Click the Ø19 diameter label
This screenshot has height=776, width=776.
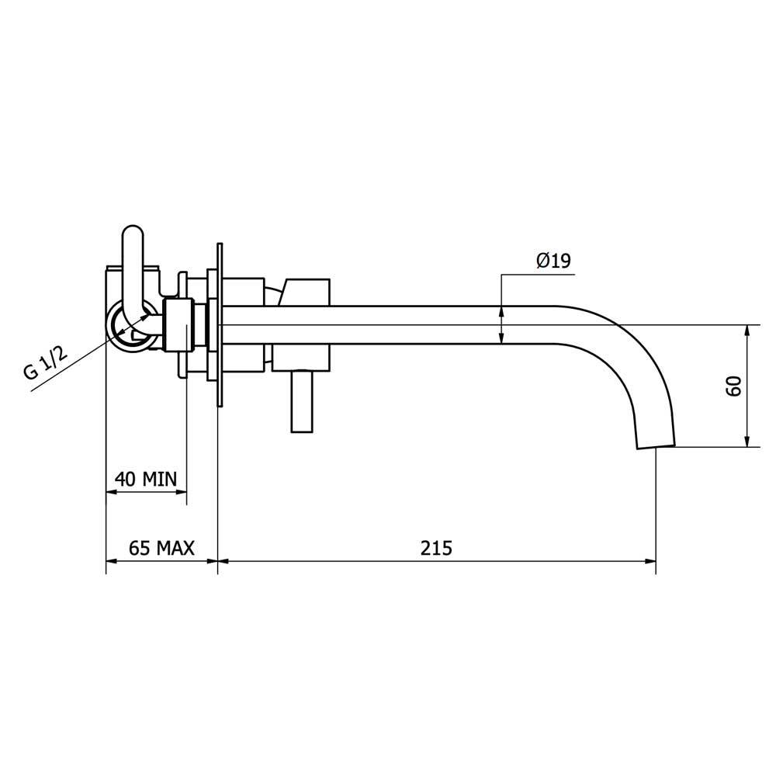[553, 260]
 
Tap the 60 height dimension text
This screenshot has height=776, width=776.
[734, 386]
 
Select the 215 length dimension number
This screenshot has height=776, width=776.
[436, 548]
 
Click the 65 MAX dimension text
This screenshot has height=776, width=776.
[161, 548]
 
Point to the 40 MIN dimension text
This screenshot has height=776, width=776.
[146, 479]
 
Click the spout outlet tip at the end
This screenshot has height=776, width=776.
[655, 445]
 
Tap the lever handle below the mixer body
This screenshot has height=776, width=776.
[301, 401]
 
